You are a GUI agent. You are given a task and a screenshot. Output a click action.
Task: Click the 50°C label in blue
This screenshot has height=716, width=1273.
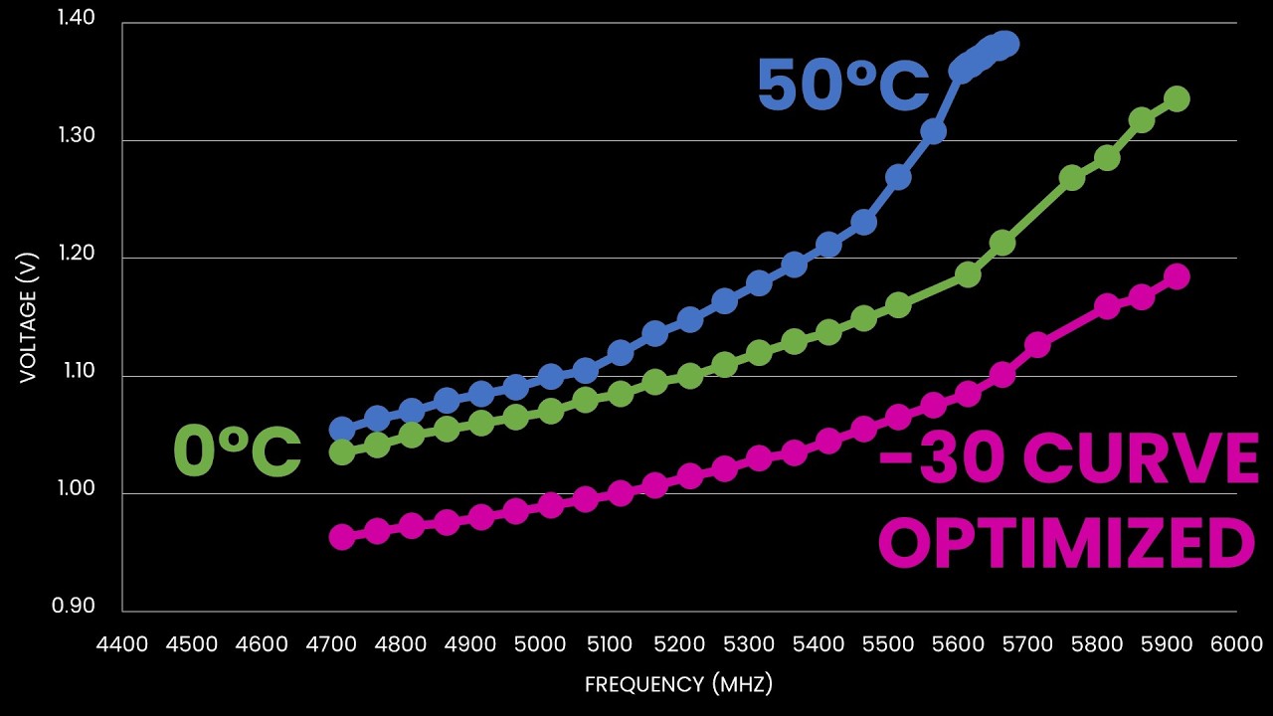[x=841, y=85]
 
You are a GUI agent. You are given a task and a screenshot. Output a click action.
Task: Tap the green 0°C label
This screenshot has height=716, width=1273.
[x=238, y=452]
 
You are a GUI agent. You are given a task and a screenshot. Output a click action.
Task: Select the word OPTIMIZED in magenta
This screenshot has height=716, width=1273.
[x=1066, y=544]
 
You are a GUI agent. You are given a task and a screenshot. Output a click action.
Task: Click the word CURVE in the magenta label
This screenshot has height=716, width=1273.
[x=1141, y=459]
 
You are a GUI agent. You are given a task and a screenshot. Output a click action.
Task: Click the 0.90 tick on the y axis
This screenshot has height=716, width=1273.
[x=75, y=607]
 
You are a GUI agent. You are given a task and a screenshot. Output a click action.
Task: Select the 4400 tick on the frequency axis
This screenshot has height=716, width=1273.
[x=121, y=643]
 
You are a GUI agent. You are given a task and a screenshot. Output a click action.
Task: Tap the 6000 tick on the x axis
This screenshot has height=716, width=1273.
[x=1236, y=643]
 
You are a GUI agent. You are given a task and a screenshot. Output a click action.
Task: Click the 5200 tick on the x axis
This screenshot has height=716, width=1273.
[x=679, y=643]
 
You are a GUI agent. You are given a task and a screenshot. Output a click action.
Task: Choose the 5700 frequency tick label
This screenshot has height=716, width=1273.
[x=1027, y=643]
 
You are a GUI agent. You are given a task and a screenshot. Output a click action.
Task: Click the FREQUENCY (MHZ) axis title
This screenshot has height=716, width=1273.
[x=678, y=684]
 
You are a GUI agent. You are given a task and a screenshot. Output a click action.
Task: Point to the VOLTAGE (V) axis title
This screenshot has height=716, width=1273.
[x=28, y=315]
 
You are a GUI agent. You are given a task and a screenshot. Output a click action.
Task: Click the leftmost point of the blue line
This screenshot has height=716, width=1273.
[x=342, y=430]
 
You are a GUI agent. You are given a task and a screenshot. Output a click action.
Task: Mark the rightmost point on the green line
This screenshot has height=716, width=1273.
[x=1177, y=98]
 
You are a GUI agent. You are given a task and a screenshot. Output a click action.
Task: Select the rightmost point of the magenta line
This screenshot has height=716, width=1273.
[x=1177, y=276]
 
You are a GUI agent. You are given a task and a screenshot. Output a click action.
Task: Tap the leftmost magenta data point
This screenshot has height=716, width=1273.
[x=342, y=537]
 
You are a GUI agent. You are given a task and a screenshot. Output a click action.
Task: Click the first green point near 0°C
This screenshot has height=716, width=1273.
[x=342, y=452]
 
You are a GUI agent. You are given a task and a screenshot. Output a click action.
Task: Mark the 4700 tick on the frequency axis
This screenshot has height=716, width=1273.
[x=330, y=643]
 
